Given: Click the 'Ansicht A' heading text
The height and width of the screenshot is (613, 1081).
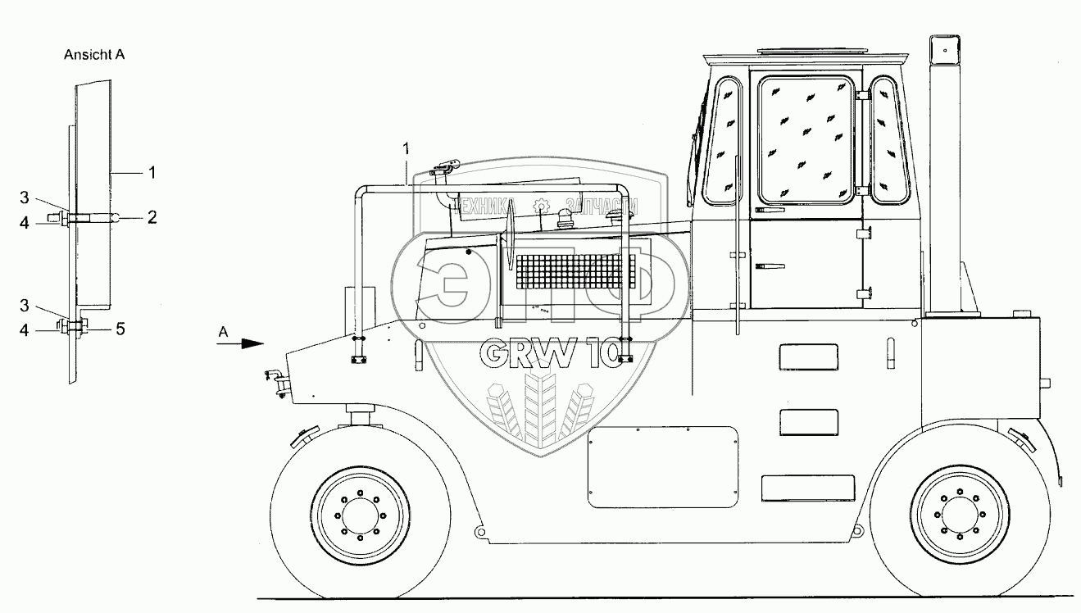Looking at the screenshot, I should (x=93, y=56).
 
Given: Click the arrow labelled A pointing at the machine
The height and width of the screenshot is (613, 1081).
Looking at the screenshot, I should (x=239, y=345).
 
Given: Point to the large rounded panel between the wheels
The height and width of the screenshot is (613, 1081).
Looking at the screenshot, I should (x=662, y=465).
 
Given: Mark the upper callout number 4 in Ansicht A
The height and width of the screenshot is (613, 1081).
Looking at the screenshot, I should (x=24, y=222).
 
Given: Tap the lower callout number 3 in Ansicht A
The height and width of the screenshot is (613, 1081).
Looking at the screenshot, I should (x=24, y=305).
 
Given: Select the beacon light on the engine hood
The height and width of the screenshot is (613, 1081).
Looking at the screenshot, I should (x=562, y=217).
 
